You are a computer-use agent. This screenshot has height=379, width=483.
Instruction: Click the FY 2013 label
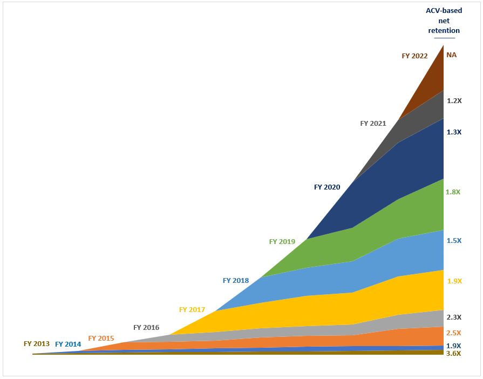tap(37, 343)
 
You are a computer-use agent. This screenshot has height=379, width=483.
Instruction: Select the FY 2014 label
tap(68, 344)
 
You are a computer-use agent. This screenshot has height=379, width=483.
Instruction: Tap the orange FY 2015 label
tap(101, 339)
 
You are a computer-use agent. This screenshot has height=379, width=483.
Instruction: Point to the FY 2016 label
tap(146, 327)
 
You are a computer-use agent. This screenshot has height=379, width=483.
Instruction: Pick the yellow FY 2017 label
tap(192, 310)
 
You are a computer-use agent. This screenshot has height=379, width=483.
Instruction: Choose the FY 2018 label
tap(236, 281)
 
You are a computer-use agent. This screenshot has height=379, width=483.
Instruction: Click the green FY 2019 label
tap(282, 242)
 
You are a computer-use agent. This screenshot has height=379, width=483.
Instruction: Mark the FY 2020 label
tap(327, 187)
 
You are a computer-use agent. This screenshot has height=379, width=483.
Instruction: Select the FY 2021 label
tap(373, 123)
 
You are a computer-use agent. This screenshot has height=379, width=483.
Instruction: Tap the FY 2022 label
tap(414, 56)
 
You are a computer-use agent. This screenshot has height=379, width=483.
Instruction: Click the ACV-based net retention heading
tap(444, 21)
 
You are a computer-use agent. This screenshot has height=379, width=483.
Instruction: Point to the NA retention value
tap(452, 55)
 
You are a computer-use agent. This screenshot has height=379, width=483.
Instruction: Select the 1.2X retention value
tap(454, 100)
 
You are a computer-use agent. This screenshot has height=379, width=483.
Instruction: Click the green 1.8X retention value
tap(453, 192)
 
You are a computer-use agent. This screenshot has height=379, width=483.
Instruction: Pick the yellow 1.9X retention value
tap(454, 281)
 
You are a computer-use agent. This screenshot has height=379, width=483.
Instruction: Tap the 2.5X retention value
tap(454, 333)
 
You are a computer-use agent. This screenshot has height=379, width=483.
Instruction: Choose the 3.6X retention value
tap(454, 354)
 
